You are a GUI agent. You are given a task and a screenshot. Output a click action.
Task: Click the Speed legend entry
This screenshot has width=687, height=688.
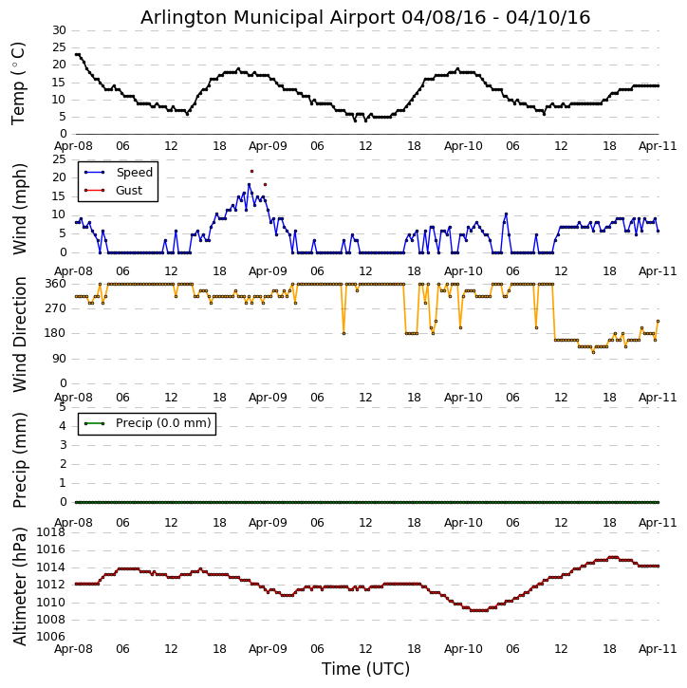coord(134,173)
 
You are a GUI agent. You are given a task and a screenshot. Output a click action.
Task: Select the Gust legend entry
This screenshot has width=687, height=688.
coord(129,191)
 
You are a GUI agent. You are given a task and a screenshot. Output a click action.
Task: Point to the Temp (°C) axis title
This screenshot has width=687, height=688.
coord(19,83)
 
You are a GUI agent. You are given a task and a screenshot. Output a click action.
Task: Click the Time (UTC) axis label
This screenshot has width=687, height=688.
coord(365,669)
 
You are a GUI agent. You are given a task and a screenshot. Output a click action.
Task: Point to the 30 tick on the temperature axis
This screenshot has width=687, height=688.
coord(59,30)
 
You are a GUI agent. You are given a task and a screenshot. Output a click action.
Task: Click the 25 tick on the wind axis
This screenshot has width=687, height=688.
coord(59,158)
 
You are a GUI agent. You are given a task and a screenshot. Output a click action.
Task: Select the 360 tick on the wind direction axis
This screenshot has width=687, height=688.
coord(55,284)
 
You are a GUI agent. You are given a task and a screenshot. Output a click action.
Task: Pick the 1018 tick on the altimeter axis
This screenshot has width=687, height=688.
coord(51,532)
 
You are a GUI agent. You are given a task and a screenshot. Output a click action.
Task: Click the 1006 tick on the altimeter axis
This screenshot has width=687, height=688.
coord(51,637)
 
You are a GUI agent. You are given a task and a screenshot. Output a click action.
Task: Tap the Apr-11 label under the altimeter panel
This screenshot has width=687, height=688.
coord(658,650)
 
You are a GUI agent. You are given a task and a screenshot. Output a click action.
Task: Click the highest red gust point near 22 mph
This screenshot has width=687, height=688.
coord(251,171)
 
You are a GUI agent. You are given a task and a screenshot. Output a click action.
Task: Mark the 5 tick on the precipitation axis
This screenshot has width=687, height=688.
coord(63,406)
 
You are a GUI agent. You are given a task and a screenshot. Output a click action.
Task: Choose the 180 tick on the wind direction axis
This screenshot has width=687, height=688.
coord(55,333)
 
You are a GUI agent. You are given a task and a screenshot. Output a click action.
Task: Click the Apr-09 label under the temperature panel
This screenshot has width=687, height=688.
coord(269,147)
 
